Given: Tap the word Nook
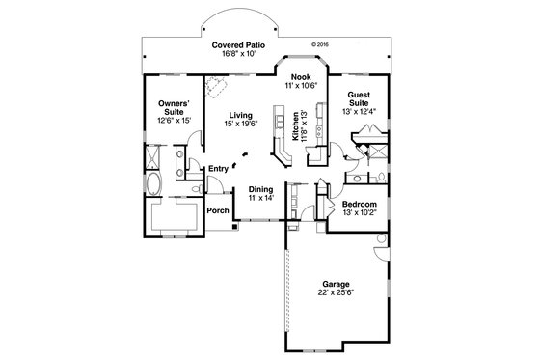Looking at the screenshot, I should (x=299, y=76).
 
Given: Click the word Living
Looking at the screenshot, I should (x=240, y=115).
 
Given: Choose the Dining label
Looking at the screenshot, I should (x=261, y=188).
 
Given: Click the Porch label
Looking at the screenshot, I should (x=217, y=210).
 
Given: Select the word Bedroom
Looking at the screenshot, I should (x=358, y=205).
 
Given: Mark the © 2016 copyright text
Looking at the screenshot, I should (x=322, y=43).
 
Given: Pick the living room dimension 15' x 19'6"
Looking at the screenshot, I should (x=240, y=125).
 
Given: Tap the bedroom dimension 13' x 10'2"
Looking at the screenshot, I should (x=358, y=213).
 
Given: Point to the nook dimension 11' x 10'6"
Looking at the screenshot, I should (x=299, y=85).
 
